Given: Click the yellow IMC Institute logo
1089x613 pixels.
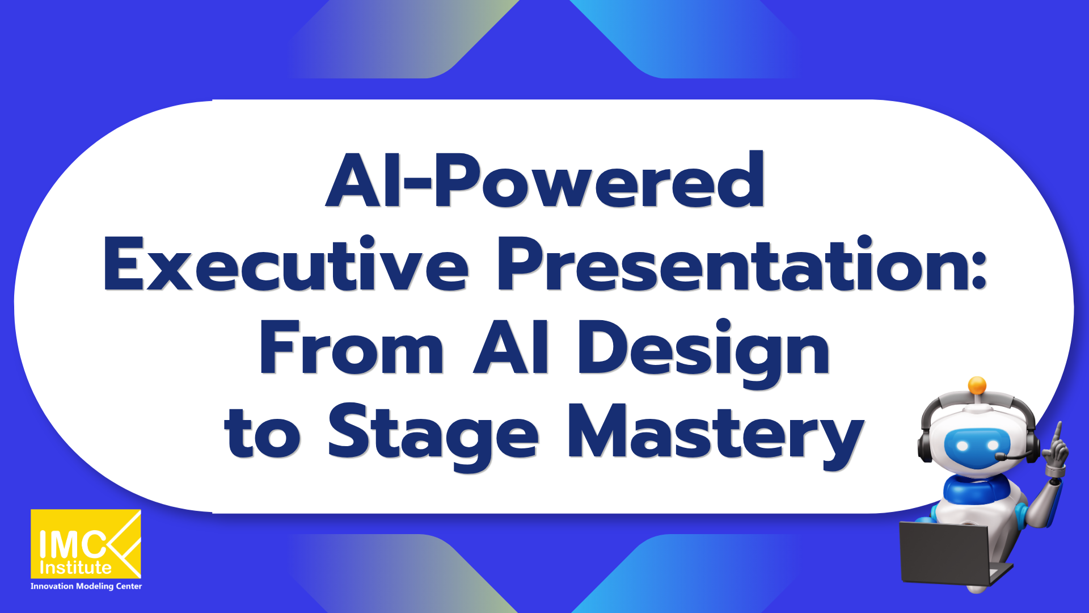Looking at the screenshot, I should click(86, 543).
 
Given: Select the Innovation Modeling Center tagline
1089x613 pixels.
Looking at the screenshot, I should click(86, 586).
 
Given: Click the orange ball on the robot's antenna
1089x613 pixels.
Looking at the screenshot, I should click(977, 385).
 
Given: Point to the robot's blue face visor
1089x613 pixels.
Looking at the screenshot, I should click(977, 446).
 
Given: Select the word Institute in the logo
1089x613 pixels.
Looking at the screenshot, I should click(75, 568).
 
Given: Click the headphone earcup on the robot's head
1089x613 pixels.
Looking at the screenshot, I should click(926, 446).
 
